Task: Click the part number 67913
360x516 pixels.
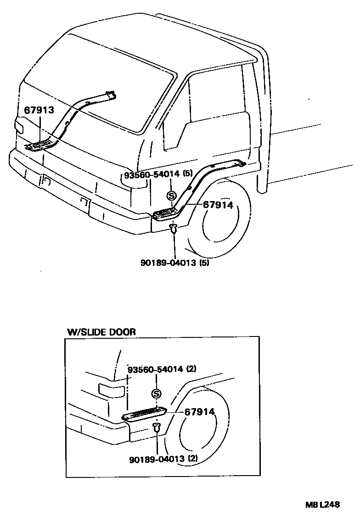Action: (x=39, y=110)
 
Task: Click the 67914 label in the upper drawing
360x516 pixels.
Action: (x=218, y=205)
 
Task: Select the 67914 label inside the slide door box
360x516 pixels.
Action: (x=200, y=412)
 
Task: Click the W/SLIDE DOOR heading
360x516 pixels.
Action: (x=101, y=331)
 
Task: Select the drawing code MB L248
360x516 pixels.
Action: (x=323, y=505)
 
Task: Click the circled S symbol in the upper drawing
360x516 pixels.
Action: (x=172, y=196)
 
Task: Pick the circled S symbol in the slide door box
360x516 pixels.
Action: (x=157, y=393)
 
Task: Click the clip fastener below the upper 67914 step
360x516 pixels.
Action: (x=173, y=228)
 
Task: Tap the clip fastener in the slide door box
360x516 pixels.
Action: (x=156, y=428)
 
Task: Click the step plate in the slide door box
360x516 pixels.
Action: (x=143, y=413)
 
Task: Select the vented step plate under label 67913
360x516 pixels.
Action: (x=41, y=146)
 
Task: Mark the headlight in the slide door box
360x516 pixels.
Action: (x=112, y=391)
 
